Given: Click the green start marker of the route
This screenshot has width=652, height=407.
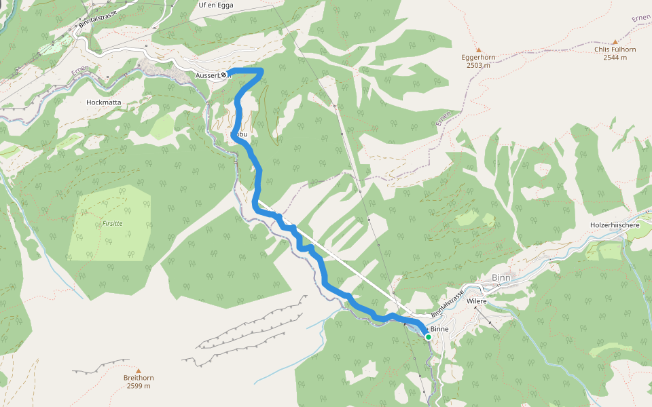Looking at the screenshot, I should click(x=428, y=336).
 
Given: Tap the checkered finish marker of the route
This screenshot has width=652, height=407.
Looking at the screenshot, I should click(x=224, y=75).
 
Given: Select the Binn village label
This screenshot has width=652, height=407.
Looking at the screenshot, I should click(x=500, y=278).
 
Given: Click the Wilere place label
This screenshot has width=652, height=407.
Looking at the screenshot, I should click(x=477, y=301).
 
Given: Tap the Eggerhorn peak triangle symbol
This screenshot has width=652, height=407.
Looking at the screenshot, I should click(x=478, y=50).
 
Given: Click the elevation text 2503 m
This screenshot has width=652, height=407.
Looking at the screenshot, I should click(x=478, y=66).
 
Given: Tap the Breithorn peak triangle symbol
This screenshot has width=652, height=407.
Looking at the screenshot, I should click(x=139, y=370).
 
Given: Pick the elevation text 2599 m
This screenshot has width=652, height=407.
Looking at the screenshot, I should click(x=139, y=386).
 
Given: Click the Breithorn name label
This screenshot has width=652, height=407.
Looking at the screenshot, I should click(x=139, y=378).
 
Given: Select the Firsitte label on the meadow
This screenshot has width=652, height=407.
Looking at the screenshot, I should click(x=112, y=222).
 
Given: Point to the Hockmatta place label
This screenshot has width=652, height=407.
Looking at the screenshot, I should click(x=104, y=102).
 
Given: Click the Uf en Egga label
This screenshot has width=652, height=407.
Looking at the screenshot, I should click(x=215, y=5).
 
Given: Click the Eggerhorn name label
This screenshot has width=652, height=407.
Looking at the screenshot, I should click(x=478, y=58).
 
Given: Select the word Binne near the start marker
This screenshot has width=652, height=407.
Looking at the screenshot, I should click(x=439, y=329).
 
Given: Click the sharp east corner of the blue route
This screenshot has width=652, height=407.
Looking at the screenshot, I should click(x=261, y=71).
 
